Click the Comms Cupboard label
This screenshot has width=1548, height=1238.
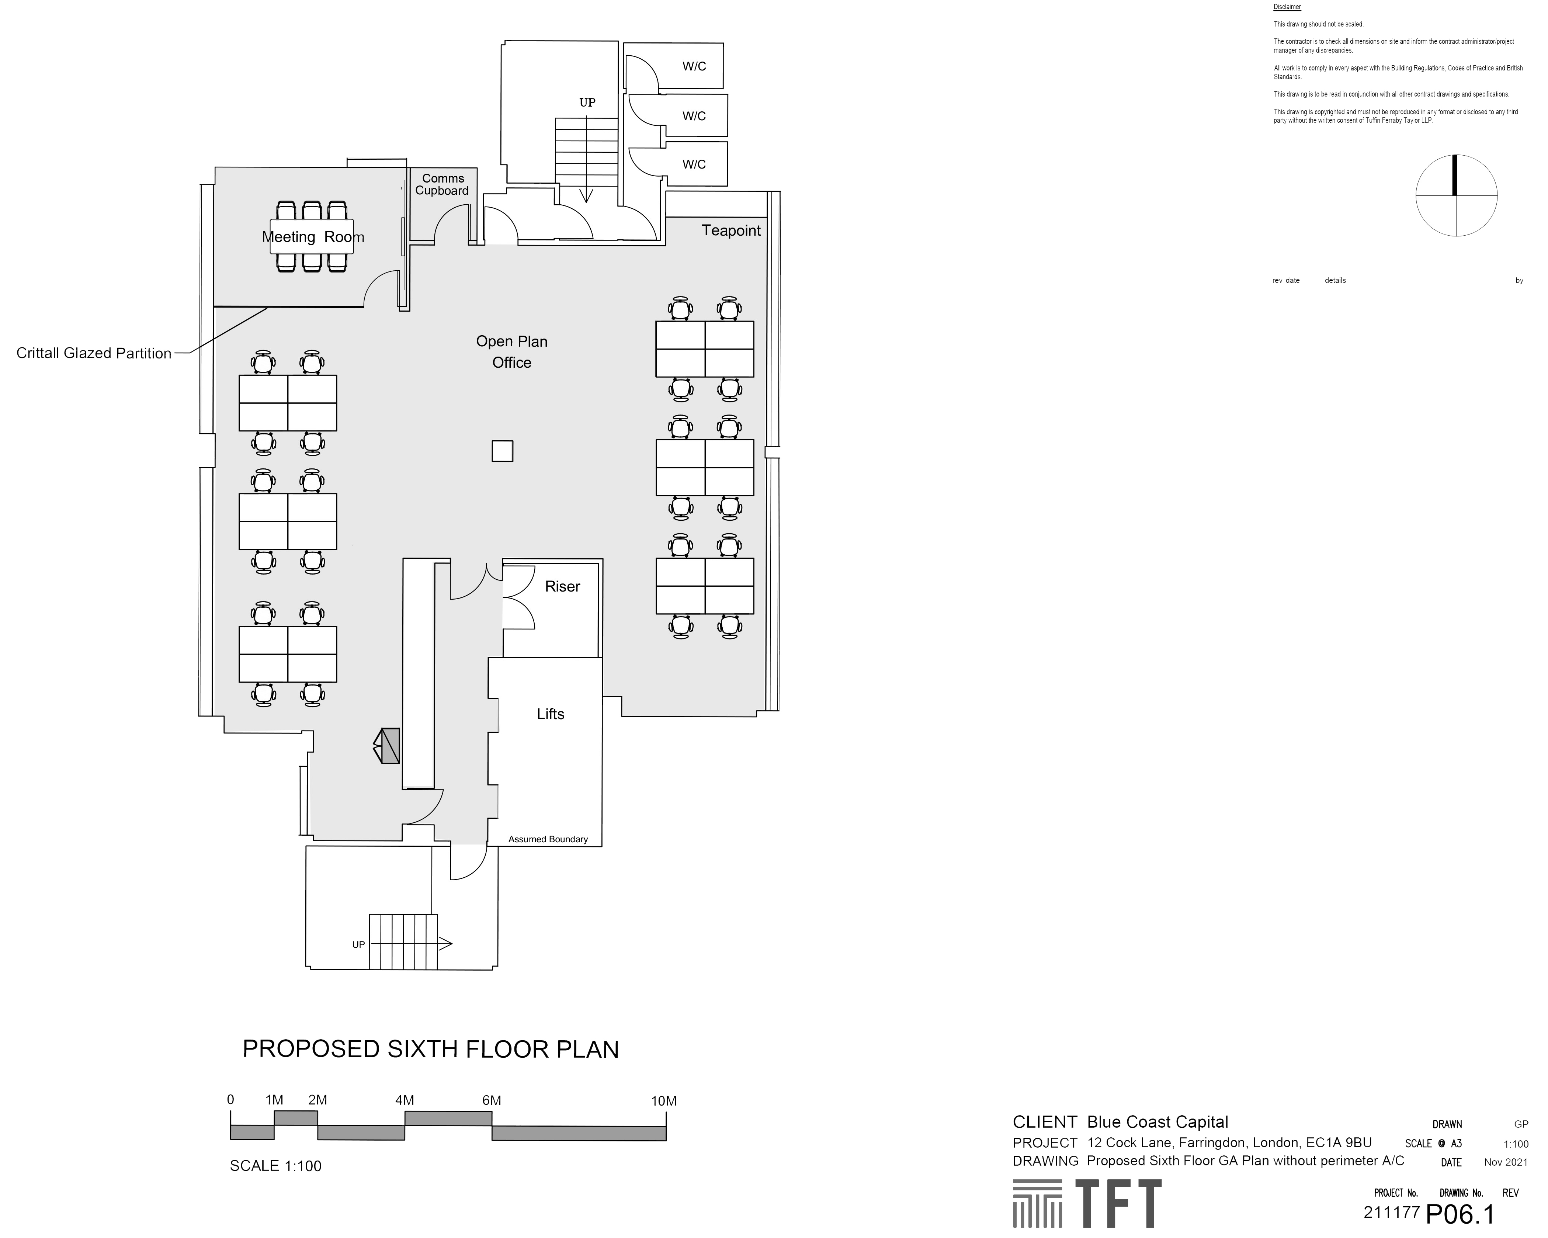tap(442, 184)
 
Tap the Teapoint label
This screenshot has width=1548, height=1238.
tap(731, 230)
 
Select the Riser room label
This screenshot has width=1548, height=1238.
tap(562, 587)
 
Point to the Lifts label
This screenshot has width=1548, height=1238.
tap(551, 714)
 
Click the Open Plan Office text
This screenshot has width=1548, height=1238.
tap(511, 352)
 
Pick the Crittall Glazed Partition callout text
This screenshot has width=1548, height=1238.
tap(94, 353)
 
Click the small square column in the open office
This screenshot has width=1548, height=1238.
tap(502, 451)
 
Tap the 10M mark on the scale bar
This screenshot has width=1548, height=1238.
tap(663, 1101)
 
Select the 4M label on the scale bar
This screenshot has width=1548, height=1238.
tap(404, 1100)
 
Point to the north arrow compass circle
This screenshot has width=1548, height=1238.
tap(1456, 195)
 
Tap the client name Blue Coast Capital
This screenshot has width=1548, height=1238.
tap(1157, 1122)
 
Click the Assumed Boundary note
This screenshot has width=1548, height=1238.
tap(548, 839)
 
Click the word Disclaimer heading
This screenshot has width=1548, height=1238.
tap(1287, 7)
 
